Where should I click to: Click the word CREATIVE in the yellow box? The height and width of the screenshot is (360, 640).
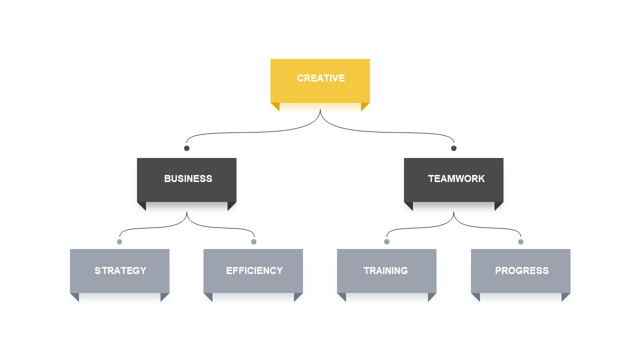[321, 78]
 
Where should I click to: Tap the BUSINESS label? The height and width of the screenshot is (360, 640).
[188, 179]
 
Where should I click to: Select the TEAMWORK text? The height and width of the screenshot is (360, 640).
[456, 179]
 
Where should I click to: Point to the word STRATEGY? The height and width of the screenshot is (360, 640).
[120, 271]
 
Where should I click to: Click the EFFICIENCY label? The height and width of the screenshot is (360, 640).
[254, 271]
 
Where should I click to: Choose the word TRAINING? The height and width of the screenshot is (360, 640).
[385, 271]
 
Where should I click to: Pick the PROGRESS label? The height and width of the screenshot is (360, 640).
[521, 271]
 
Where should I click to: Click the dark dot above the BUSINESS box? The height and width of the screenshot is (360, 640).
[186, 148]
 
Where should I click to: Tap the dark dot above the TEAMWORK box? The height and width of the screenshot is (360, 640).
[453, 148]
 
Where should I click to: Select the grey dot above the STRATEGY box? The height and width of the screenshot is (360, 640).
[119, 242]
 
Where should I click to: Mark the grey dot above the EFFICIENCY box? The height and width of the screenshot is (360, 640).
[253, 242]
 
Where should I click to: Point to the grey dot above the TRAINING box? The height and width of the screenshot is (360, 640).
[386, 242]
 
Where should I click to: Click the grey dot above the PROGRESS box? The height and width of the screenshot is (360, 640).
[520, 242]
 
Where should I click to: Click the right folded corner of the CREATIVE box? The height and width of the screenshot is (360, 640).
[364, 105]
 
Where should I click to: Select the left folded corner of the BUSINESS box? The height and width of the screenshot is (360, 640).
[143, 205]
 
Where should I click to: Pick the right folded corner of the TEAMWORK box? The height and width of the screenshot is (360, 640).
[497, 205]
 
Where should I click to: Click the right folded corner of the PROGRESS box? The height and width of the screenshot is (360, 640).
[564, 296]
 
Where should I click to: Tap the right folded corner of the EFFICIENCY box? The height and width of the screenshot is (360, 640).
[297, 296]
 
